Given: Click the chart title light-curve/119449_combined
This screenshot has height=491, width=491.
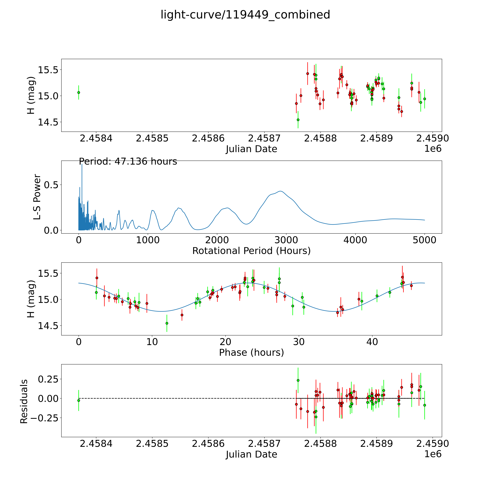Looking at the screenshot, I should pyautogui.click(x=245, y=15).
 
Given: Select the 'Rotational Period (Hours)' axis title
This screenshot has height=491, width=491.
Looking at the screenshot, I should pyautogui.click(x=251, y=251).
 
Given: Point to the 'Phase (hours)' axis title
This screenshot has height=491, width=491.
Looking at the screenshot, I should pyautogui.click(x=251, y=353).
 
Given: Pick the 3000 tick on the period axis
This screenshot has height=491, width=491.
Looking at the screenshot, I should pyautogui.click(x=286, y=240).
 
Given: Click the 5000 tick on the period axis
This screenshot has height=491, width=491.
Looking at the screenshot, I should pyautogui.click(x=424, y=240).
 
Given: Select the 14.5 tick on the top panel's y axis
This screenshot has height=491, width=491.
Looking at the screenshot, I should pyautogui.click(x=48, y=122).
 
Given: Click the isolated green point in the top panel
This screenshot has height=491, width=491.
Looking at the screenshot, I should pyautogui.click(x=79, y=92).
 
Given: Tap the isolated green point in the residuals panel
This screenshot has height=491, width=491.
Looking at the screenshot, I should pyautogui.click(x=79, y=401).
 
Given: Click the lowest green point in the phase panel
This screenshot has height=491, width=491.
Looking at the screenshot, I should pyautogui.click(x=167, y=323).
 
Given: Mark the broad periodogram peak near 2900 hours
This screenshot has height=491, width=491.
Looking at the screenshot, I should pyautogui.click(x=280, y=191).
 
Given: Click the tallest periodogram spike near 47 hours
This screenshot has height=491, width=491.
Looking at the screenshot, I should pyautogui.click(x=82, y=165).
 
